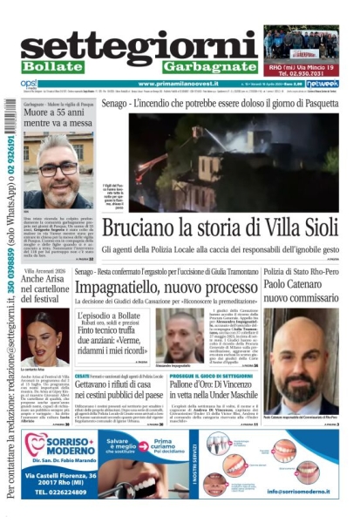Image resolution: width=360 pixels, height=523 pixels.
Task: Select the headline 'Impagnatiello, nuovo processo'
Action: [x=166, y=288]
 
